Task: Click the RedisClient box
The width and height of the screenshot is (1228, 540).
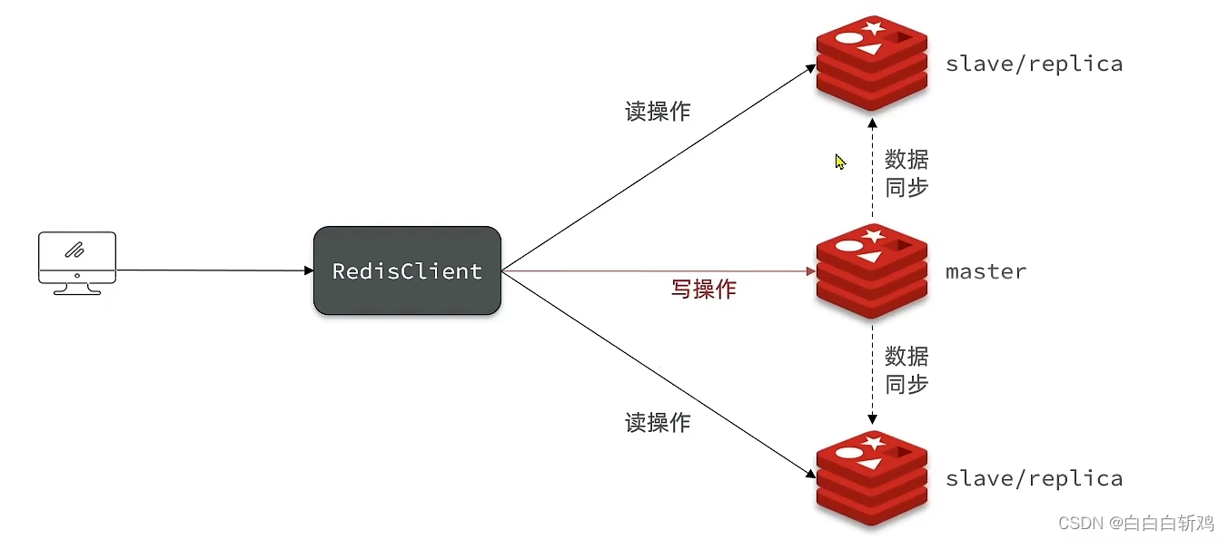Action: pos(407,270)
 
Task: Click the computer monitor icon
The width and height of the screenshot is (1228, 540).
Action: pos(77,261)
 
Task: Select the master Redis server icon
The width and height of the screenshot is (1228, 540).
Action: pos(871,270)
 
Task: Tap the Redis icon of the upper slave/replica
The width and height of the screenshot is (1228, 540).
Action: pos(871,63)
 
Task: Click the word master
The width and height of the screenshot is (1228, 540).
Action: pos(985,271)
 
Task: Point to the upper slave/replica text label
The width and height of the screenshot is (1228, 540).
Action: pos(1034,64)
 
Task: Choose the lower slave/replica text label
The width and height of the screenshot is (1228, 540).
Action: pos(1034,478)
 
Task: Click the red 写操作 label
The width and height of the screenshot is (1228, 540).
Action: pos(703,290)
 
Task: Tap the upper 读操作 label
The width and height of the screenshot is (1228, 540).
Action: pos(658,112)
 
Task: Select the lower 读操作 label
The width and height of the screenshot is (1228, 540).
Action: pos(658,422)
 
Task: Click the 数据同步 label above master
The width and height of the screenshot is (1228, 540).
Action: pos(906,172)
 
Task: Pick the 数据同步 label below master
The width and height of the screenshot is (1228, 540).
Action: pos(906,369)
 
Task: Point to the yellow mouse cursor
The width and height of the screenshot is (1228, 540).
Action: pos(839,162)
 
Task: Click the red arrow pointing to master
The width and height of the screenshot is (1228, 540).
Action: pos(654,270)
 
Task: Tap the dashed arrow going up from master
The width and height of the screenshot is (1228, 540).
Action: pos(872,168)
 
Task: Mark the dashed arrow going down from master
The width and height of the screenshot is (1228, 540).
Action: pos(872,372)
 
